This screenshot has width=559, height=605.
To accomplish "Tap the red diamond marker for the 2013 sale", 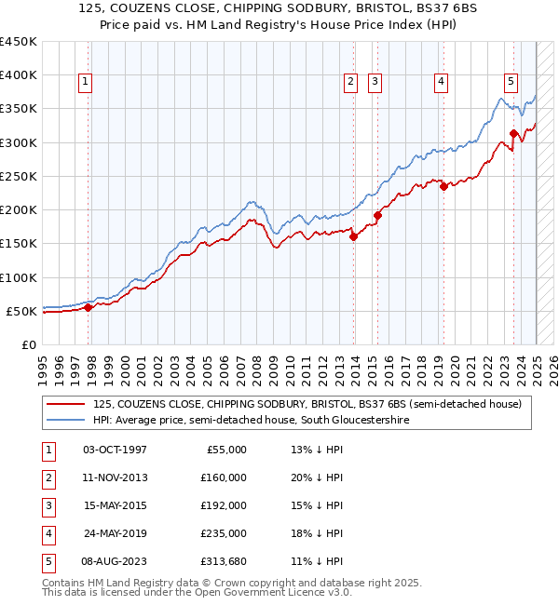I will tap(354, 236).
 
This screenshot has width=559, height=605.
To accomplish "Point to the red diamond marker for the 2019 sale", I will tap(443, 186).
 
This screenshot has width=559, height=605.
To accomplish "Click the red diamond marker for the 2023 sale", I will tap(513, 133).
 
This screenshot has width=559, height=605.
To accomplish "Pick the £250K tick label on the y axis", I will tap(19, 176).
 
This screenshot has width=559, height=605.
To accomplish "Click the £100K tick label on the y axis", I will tap(19, 277).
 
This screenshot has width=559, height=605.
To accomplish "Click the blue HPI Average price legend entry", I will tap(251, 421).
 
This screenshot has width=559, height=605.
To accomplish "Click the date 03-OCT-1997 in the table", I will tap(115, 450).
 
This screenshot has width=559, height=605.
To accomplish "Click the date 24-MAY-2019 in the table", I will tap(115, 533).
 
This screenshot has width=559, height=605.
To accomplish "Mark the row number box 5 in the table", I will tap(47, 561).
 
